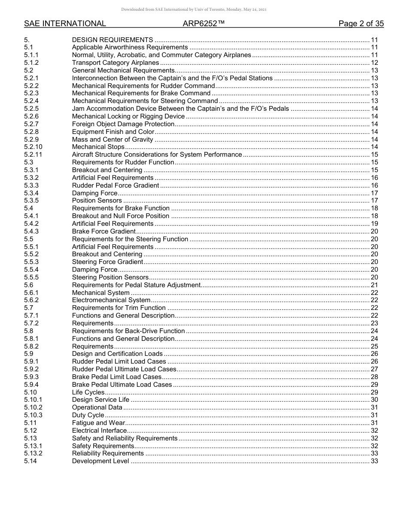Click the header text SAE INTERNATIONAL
click(x=65, y=24)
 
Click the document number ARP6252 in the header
click(x=204, y=24)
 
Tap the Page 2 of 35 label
click(x=361, y=24)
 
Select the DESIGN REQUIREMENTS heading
click(x=112, y=39)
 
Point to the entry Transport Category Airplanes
click(x=115, y=63)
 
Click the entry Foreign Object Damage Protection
click(x=123, y=124)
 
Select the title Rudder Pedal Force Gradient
click(x=115, y=185)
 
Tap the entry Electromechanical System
click(x=111, y=300)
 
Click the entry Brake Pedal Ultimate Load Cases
click(x=122, y=385)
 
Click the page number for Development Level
click(x=374, y=461)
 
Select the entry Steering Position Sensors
click(x=110, y=277)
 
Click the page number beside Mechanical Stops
click(x=374, y=147)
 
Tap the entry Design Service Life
click(x=100, y=400)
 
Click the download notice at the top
click(x=194, y=9)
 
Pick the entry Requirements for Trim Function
click(x=119, y=308)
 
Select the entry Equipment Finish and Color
click(x=113, y=132)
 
